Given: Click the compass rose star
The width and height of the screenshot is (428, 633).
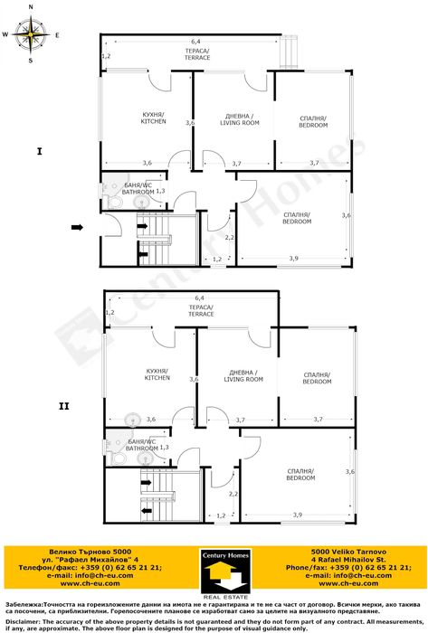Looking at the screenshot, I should [32, 35].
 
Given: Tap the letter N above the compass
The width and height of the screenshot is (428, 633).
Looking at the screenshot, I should [32, 7].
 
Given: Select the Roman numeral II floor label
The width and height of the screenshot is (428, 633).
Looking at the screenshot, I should [63, 406].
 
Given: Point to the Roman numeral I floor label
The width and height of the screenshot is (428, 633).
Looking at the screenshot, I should [39, 151].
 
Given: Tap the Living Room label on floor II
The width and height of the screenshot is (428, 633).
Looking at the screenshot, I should [243, 376].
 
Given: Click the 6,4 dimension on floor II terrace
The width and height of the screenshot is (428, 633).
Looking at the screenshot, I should [198, 298].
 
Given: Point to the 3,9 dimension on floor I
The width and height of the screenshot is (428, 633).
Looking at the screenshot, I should [293, 259].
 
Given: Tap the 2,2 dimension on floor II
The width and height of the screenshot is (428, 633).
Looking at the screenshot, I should [233, 495].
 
